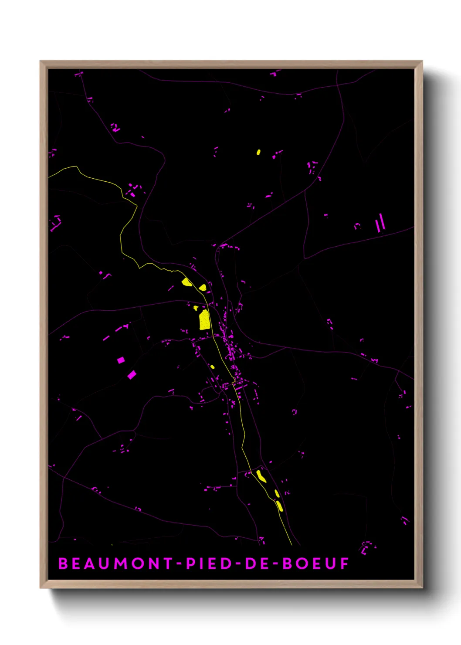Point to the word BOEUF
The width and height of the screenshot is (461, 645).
[x=316, y=564]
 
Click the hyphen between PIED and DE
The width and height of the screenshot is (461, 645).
[x=237, y=564]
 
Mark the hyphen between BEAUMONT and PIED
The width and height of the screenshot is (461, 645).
[x=179, y=564]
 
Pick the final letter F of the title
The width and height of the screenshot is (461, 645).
[x=345, y=564]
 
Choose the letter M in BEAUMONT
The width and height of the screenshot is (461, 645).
[x=122, y=564]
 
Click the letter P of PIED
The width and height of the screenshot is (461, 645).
[x=190, y=564]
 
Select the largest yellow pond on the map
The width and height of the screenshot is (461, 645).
[x=204, y=320]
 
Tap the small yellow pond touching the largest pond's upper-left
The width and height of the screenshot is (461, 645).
[x=196, y=308]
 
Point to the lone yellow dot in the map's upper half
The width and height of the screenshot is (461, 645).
[x=258, y=152]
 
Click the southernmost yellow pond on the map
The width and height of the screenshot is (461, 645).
[x=280, y=506]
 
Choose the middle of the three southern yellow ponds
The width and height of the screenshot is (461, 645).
[x=277, y=493]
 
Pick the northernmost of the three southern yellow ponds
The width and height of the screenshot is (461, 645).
[x=261, y=475]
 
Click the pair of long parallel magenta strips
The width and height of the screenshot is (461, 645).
[x=380, y=223]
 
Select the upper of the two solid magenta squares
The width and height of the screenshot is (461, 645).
[x=121, y=360]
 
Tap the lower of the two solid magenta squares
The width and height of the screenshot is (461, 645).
[x=132, y=375]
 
